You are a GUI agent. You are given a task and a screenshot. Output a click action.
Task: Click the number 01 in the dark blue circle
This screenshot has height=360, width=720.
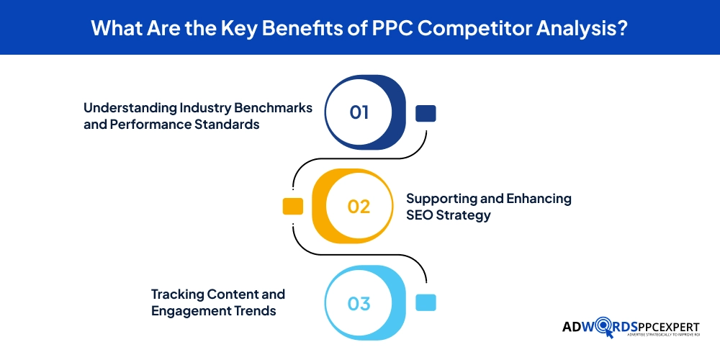tap(359, 112)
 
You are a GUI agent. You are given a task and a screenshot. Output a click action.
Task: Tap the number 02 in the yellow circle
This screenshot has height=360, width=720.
tap(359, 206)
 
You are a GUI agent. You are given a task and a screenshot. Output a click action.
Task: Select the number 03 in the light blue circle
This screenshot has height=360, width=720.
tap(359, 303)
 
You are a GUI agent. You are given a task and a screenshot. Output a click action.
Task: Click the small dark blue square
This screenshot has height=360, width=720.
tap(426, 113)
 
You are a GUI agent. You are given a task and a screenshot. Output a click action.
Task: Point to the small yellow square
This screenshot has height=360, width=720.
tap(292, 206)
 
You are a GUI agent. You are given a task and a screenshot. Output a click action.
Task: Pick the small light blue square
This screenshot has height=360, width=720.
tap(426, 303)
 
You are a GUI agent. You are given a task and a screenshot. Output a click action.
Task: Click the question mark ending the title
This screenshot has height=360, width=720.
tap(621, 27)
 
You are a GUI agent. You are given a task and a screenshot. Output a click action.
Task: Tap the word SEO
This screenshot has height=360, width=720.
tap(420, 215)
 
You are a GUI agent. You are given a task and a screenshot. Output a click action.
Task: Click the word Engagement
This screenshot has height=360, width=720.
tap(190, 311)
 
